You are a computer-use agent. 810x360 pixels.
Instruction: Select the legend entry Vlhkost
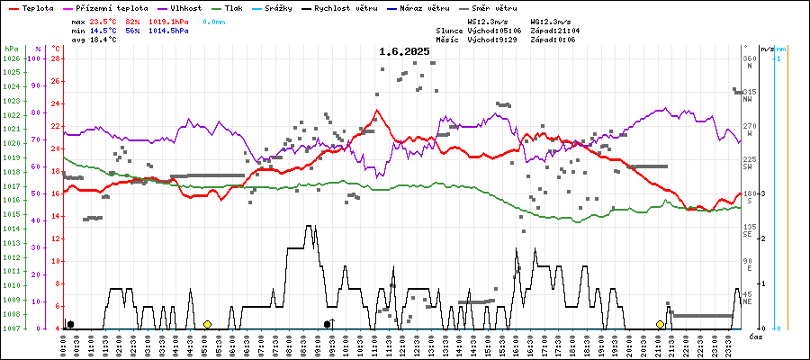186,7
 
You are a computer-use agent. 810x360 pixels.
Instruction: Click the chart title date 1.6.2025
404,51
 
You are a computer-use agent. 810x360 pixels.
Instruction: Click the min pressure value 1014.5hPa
170,31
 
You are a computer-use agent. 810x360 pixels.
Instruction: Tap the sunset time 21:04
581,30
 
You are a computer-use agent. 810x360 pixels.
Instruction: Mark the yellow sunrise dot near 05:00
207,324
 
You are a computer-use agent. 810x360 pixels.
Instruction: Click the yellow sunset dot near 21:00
660,324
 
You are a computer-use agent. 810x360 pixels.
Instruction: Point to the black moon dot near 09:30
328,324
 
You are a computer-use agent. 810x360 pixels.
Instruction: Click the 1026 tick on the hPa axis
11,58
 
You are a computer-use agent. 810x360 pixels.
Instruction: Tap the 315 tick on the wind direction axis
749,92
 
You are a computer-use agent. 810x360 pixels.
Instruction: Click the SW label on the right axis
748,167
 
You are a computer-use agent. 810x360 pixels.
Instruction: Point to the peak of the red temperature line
377,110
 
